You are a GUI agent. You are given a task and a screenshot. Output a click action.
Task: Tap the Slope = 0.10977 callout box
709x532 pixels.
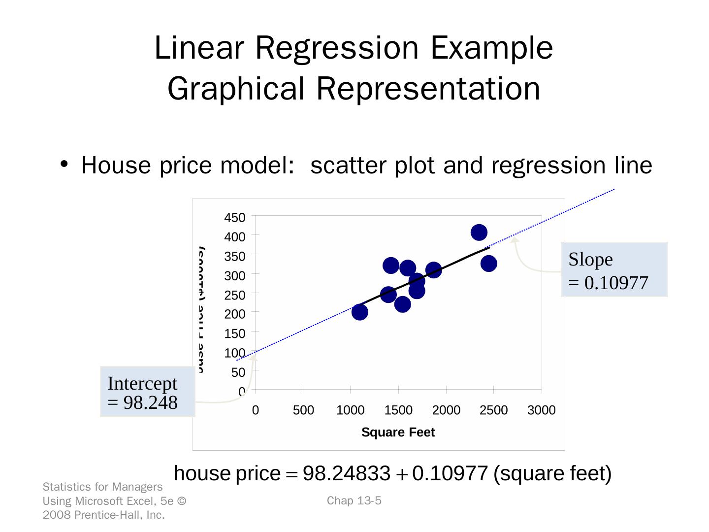(x=614, y=270)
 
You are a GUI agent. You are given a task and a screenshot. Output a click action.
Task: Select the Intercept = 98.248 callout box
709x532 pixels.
(x=147, y=392)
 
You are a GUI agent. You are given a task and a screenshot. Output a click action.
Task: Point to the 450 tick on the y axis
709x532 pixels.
(x=235, y=218)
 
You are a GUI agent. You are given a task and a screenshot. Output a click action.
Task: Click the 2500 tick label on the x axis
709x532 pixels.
(x=493, y=410)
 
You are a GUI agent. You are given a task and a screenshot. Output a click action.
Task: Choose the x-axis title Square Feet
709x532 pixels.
(x=398, y=432)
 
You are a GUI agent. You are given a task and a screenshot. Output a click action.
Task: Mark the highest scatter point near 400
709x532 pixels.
(x=479, y=233)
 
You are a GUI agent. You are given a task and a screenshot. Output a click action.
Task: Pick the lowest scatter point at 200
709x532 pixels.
(x=360, y=312)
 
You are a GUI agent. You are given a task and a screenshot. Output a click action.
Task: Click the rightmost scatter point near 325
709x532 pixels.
(x=488, y=264)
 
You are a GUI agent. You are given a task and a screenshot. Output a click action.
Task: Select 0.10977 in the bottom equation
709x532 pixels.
(x=450, y=474)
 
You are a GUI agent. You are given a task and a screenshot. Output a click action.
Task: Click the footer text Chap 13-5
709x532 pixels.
(x=354, y=501)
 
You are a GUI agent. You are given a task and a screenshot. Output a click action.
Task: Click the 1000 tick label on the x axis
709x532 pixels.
(x=350, y=410)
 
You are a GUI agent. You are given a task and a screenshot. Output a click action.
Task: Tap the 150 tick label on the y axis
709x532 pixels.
(x=235, y=334)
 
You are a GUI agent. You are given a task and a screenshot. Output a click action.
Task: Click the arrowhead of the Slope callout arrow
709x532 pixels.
(x=515, y=240)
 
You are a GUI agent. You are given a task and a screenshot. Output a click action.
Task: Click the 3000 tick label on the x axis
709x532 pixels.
(x=541, y=410)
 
